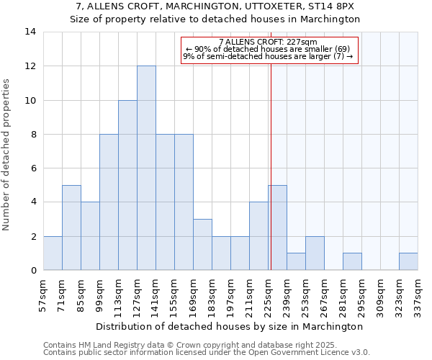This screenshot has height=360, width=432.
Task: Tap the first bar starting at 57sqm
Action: click(53, 253)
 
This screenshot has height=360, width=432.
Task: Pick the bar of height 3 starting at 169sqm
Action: click(202, 244)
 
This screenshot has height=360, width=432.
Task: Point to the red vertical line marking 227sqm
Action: click(271, 158)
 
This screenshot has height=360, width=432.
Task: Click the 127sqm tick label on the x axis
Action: click(138, 294)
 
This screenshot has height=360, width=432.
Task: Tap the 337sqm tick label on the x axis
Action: click(418, 294)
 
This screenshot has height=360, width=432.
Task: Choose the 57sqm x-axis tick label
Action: click(44, 294)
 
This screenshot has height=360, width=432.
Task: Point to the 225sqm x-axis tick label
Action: click(269, 294)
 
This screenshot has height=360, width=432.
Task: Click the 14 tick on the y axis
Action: click(30, 32)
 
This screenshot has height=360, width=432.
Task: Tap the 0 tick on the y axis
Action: click(33, 270)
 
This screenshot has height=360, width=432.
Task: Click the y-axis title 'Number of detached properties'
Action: click(7, 151)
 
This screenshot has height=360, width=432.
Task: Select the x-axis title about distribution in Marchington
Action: click(230, 326)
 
